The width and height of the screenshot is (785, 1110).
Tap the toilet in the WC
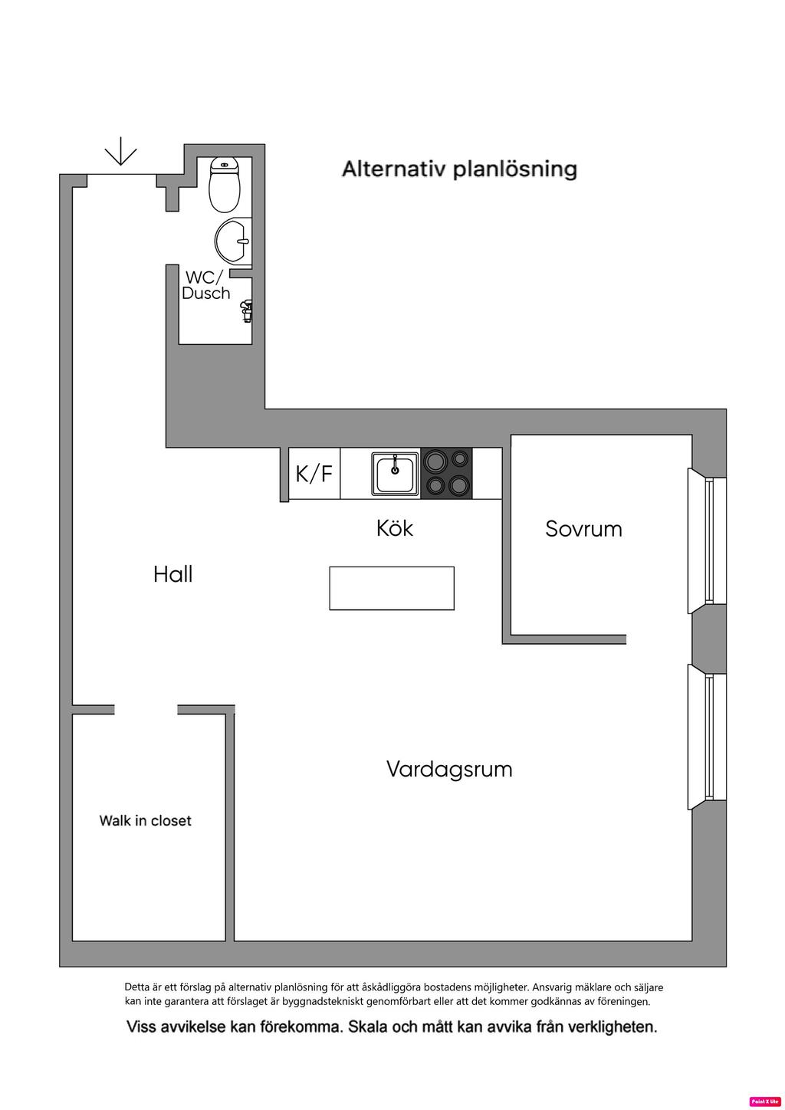[225, 185]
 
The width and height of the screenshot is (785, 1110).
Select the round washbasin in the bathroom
[232, 241]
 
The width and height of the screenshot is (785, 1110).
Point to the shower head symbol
[246, 310]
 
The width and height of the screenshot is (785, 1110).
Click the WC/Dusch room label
[205, 285]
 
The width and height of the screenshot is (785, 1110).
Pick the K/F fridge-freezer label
[314, 474]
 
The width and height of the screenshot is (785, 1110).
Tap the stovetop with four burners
[446, 473]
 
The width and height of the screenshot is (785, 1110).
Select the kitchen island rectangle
[392, 588]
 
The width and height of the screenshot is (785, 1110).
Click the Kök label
[395, 528]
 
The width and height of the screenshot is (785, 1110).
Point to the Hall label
[172, 574]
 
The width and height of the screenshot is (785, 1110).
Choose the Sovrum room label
[583, 529]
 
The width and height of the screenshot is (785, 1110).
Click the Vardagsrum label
[449, 769]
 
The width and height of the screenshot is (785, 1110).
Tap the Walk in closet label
[145, 820]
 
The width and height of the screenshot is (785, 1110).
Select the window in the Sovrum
[707, 541]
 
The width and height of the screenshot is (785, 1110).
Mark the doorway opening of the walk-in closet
[146, 710]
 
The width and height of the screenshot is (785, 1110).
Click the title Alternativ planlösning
[459, 169]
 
